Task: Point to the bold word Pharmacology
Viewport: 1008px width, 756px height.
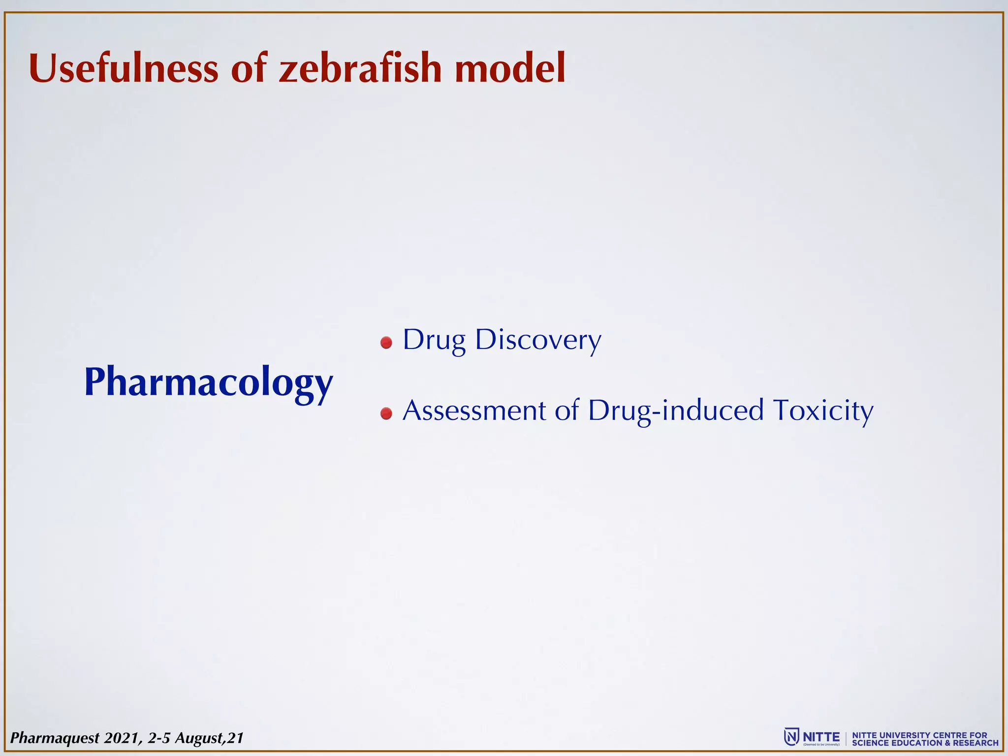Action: point(209,382)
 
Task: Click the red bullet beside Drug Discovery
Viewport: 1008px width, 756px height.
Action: point(386,343)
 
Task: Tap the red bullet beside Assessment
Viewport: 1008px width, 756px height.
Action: point(386,413)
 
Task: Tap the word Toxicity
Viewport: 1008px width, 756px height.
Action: point(823,410)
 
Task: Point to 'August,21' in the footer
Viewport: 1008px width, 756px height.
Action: point(209,738)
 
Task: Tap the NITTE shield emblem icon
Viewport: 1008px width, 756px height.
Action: point(791,737)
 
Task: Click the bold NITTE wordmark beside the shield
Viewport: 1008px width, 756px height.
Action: point(821,737)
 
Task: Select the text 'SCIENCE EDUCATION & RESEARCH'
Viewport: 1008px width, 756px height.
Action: point(925,743)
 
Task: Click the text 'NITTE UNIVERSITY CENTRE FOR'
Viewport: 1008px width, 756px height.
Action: point(919,735)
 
